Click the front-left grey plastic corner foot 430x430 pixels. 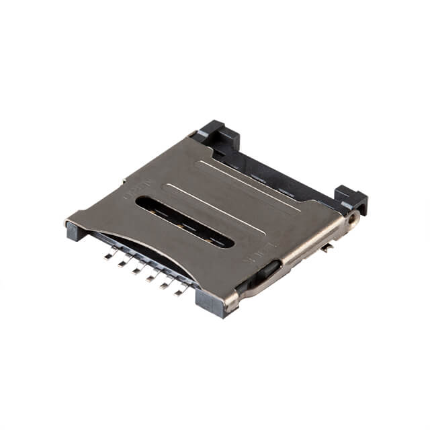click(x=75, y=230)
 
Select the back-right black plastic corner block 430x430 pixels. click(x=351, y=200)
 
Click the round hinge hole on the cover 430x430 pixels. click(x=351, y=218)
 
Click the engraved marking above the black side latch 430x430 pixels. click(x=259, y=253)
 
